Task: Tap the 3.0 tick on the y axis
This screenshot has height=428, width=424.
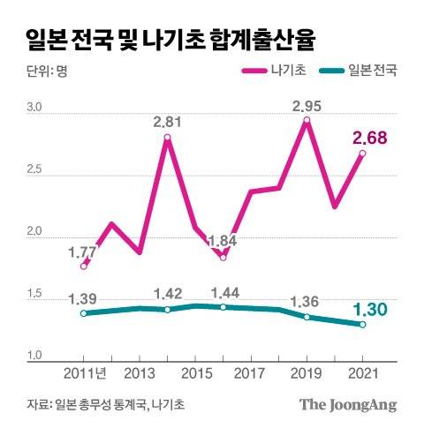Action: click(x=34, y=108)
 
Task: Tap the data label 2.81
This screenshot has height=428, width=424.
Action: click(x=168, y=122)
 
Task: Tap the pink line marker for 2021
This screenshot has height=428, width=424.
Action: click(x=362, y=154)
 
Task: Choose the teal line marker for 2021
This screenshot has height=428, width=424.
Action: click(x=362, y=325)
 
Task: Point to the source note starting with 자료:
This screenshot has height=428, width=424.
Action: click(x=100, y=404)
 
